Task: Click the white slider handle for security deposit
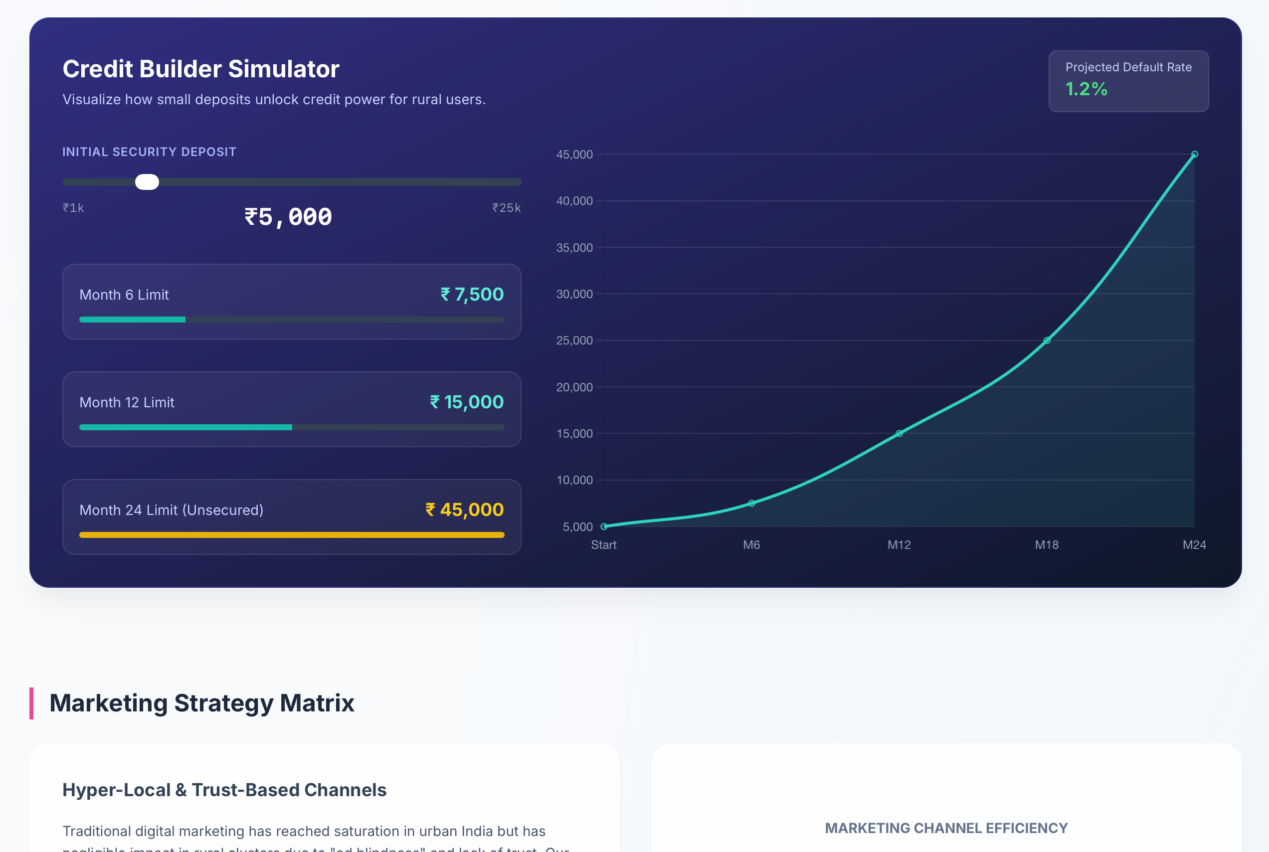point(147,182)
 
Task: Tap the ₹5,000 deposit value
point(288,217)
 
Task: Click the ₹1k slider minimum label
point(73,207)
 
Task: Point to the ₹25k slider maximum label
point(506,207)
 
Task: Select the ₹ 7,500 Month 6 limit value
point(472,295)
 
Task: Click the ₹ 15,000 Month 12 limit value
point(466,402)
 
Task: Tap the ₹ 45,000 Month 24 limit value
point(464,510)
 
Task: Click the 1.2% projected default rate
point(1086,89)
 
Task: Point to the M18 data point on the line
point(1047,341)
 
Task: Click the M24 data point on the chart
point(1194,155)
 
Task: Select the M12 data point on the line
point(899,434)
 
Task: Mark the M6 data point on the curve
point(751,503)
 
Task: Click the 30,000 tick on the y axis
point(574,294)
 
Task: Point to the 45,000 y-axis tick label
point(574,155)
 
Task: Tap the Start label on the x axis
point(603,544)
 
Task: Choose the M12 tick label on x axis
point(899,544)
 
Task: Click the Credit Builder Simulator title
point(201,69)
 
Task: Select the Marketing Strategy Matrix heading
point(201,703)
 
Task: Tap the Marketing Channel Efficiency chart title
point(946,828)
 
